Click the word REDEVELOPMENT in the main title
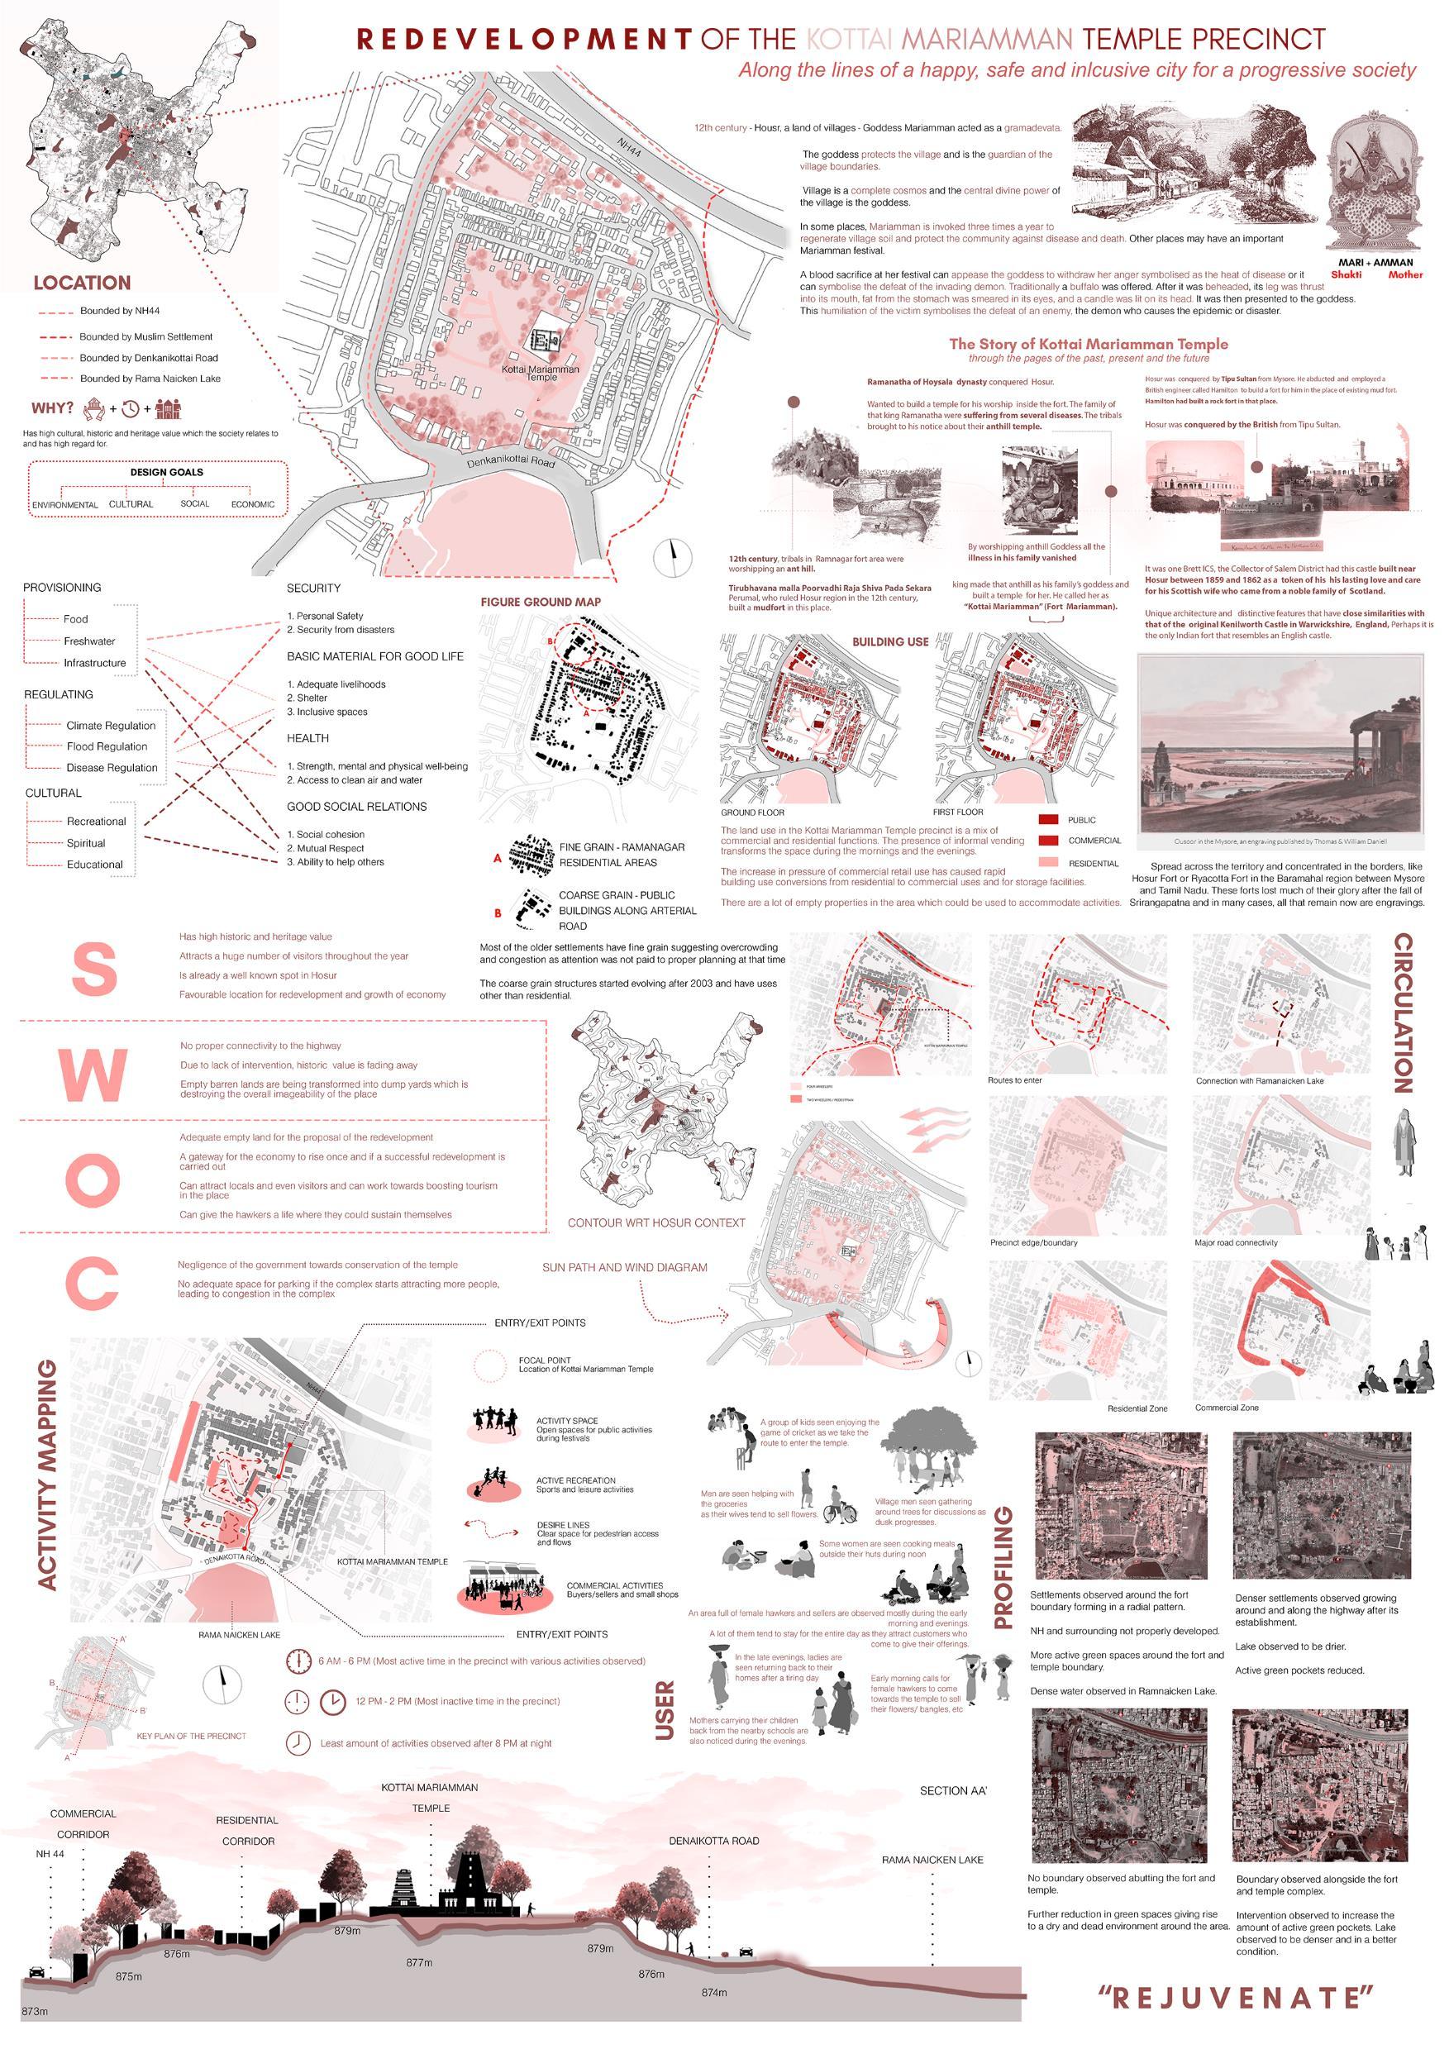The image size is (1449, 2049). coord(524,40)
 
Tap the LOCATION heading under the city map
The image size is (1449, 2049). coord(82,283)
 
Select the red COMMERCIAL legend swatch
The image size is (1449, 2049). coord(1050,841)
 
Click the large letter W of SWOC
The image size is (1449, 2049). coord(93,1075)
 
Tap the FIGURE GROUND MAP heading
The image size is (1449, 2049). coord(541,603)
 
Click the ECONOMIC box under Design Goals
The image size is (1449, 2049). coord(254,504)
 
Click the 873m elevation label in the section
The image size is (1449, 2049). coord(34,2012)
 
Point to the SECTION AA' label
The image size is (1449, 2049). coord(954,1791)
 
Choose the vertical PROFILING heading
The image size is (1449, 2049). coord(1003,1567)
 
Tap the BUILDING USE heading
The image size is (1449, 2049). coord(889,641)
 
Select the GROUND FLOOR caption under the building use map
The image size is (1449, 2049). coord(752,813)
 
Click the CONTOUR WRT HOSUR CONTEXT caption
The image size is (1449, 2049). coord(655,1222)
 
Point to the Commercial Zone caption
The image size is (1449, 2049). coord(1227,1408)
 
